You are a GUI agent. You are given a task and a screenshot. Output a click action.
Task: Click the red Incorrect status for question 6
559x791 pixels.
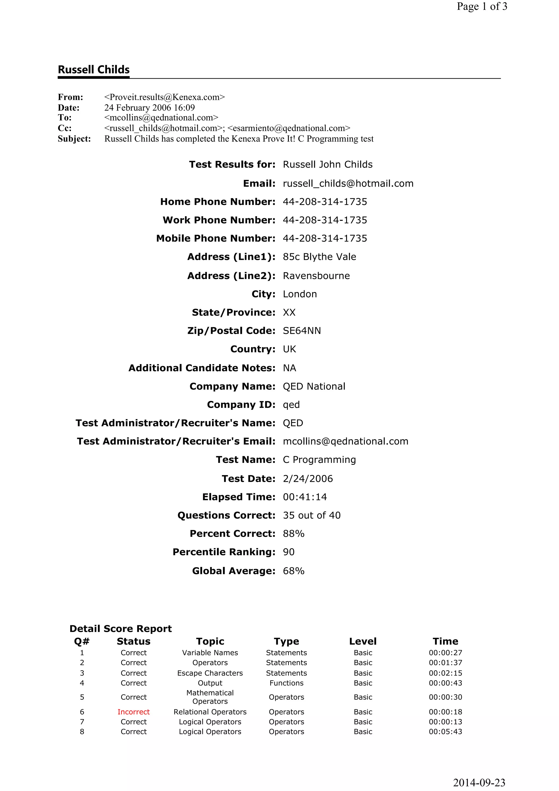pos(134,712)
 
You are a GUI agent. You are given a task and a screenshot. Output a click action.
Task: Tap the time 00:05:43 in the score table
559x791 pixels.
pos(445,731)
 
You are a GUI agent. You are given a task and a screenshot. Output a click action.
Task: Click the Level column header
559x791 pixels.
pos(363,641)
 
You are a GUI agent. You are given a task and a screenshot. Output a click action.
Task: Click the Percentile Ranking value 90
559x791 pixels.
pos(289,552)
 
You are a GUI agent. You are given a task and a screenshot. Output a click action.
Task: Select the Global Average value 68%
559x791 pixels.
pos(293,571)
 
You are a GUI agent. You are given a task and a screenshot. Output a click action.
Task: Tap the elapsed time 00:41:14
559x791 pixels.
pos(305,497)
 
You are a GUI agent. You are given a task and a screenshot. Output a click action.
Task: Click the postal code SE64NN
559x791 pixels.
pos(302,331)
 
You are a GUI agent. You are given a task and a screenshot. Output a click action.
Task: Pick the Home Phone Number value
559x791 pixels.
pos(325,201)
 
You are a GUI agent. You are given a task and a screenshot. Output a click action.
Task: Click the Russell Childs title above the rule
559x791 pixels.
pos(94,70)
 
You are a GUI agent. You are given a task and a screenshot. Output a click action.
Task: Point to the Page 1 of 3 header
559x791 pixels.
pos(481,6)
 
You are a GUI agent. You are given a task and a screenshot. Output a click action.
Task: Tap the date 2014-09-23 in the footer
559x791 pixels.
pos(479,782)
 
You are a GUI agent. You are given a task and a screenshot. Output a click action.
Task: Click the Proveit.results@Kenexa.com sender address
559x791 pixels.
pos(164,97)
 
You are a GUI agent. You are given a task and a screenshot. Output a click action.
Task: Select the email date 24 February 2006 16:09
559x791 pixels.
pos(150,108)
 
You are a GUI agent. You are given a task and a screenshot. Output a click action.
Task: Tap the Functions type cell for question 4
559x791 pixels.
pos(286,683)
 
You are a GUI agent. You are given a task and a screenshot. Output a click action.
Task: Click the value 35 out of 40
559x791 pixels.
pos(312,515)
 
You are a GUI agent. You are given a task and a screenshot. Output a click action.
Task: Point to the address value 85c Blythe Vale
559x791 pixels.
pos(319,257)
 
